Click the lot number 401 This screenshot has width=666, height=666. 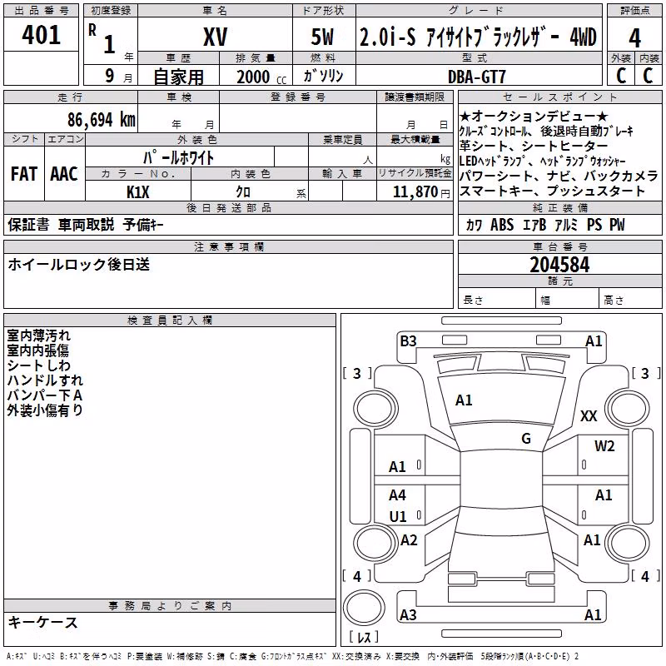pyautogui.click(x=41, y=35)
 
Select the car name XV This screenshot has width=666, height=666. pyautogui.click(x=216, y=37)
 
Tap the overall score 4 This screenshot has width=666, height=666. pyautogui.click(x=634, y=38)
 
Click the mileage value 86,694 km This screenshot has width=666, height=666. pyautogui.click(x=102, y=120)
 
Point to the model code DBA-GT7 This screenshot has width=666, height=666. pyautogui.click(x=477, y=77)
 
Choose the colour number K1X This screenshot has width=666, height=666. pyautogui.click(x=138, y=192)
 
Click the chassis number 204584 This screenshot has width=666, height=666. pyautogui.click(x=559, y=265)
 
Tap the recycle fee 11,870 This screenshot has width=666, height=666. pyautogui.click(x=415, y=192)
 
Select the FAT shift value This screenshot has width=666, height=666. pyautogui.click(x=24, y=174)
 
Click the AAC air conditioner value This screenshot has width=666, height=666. pyautogui.click(x=64, y=174)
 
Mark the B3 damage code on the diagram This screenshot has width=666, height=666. pyautogui.click(x=408, y=341)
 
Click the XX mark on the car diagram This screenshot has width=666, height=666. pyautogui.click(x=589, y=415)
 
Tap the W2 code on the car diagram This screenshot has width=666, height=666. pyautogui.click(x=604, y=446)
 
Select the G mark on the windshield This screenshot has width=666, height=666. pyautogui.click(x=526, y=439)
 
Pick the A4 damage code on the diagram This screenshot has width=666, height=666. pyautogui.click(x=397, y=495)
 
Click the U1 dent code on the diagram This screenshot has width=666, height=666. pyautogui.click(x=398, y=516)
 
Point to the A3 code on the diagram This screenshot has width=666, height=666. pyautogui.click(x=408, y=614)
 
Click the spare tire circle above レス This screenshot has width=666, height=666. pyautogui.click(x=364, y=608)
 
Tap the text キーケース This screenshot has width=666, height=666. pyautogui.click(x=43, y=623)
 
